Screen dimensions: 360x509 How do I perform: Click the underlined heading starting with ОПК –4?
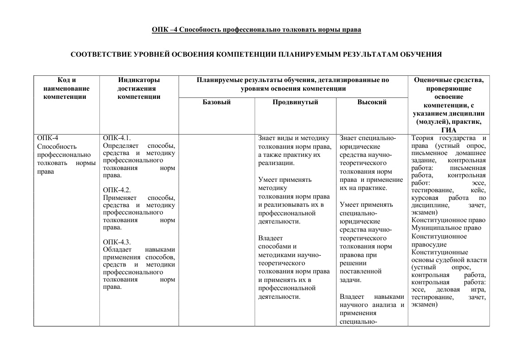click(257, 30)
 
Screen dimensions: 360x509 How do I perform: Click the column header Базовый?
click(216, 102)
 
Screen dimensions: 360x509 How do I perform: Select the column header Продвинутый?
click(295, 102)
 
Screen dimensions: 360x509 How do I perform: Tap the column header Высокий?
click(372, 102)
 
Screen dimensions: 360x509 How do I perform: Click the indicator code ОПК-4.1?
click(116, 138)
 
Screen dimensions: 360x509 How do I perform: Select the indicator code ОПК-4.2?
click(116, 190)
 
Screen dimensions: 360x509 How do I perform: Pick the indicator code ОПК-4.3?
click(116, 242)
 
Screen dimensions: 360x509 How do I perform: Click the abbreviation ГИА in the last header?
click(448, 130)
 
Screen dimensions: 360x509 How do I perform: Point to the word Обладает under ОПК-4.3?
click(117, 249)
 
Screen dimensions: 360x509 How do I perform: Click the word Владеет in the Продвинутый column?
click(270, 238)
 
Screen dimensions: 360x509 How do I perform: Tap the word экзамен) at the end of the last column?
click(424, 305)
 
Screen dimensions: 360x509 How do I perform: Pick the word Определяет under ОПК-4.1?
click(121, 146)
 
